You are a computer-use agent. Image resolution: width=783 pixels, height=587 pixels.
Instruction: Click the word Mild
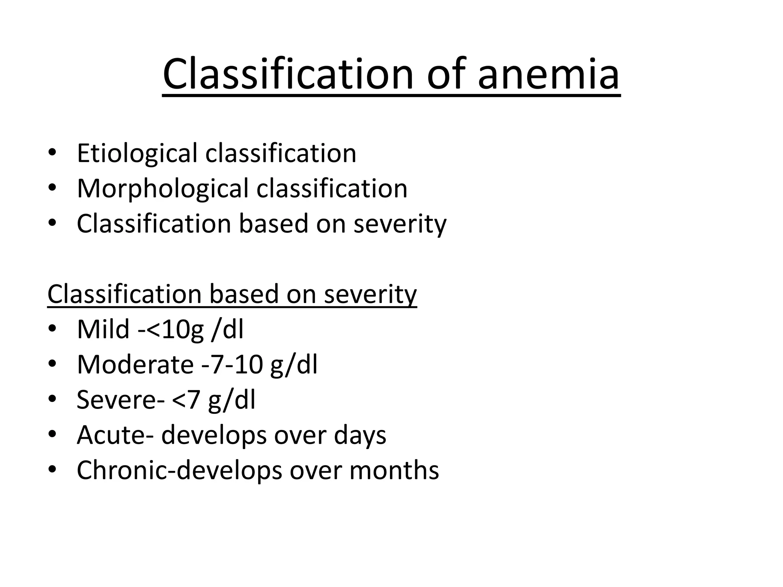click(x=103, y=329)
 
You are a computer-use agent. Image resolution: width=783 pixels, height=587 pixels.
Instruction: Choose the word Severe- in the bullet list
click(x=121, y=400)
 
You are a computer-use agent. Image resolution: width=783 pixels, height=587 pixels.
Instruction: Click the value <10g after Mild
click(x=174, y=330)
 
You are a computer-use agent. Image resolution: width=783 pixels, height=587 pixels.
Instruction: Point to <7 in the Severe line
click(x=186, y=400)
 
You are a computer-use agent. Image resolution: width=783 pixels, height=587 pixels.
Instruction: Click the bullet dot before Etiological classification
click(x=53, y=153)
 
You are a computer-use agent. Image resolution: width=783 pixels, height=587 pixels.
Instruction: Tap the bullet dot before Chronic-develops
click(x=53, y=470)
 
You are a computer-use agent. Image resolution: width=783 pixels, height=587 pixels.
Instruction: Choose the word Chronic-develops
click(x=179, y=471)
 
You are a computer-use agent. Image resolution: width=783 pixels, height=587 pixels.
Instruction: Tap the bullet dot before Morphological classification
click(x=53, y=188)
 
